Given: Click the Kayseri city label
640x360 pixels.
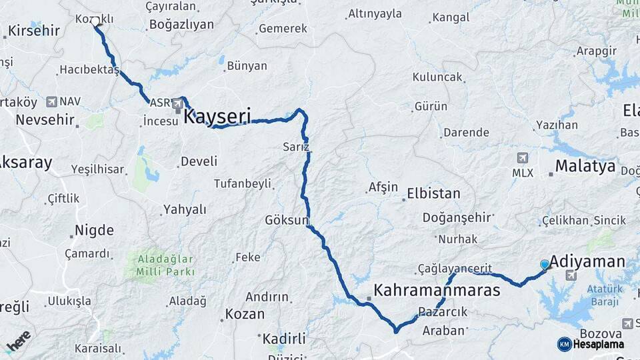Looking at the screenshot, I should (x=217, y=117).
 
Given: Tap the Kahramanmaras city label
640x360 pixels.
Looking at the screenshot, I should (x=437, y=291).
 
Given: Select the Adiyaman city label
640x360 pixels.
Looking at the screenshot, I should (x=590, y=261).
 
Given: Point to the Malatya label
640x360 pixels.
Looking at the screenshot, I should (x=585, y=166).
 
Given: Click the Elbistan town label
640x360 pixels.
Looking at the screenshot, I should (x=433, y=194).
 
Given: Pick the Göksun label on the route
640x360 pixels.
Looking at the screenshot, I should (x=287, y=220).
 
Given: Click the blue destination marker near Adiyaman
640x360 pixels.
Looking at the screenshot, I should (x=545, y=265).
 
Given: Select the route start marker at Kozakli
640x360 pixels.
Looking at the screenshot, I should (x=97, y=21).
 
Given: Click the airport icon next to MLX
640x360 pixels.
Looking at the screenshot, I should (x=522, y=158).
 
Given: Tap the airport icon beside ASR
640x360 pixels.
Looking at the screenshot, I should (x=177, y=104).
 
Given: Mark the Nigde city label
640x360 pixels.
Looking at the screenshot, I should (x=94, y=231).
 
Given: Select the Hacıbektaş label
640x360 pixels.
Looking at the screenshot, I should (x=89, y=69).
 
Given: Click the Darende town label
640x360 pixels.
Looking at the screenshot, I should (x=466, y=132).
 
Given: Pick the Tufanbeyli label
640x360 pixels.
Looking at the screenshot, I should (x=242, y=183).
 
